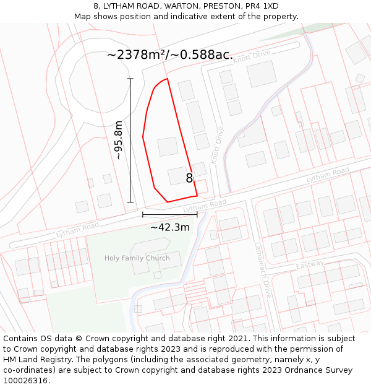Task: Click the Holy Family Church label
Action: click(137, 258)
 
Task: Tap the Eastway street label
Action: click(310, 264)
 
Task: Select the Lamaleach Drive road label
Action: click(263, 270)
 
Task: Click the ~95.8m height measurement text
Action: click(119, 140)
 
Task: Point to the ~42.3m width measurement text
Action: click(169, 227)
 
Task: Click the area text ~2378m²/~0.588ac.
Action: click(170, 54)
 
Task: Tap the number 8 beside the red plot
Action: click(190, 178)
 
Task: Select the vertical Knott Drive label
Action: click(216, 146)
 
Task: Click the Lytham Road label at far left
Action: click(77, 230)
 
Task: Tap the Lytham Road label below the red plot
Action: click(205, 205)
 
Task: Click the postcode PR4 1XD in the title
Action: click(262, 6)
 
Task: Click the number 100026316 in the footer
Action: click(26, 381)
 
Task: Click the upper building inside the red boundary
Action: click(168, 147)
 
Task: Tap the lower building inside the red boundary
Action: click(177, 176)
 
